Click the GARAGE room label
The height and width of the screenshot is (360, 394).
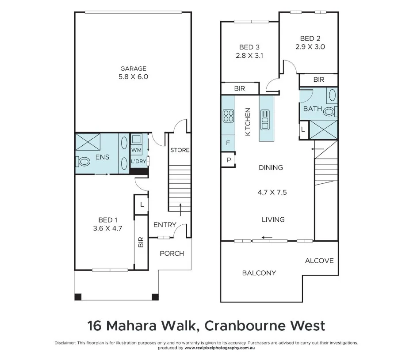pos(133,68)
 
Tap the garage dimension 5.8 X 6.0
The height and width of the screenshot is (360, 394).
pos(133,76)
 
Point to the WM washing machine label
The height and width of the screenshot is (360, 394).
pos(136,150)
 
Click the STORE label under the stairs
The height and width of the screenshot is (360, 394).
pos(180,150)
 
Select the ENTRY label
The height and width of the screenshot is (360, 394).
pos(164,225)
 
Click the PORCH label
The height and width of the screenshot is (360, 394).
pos(172,253)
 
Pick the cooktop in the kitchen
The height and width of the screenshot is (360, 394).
pos(228,116)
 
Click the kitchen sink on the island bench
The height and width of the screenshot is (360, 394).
pos(265,119)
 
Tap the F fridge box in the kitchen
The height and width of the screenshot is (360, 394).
pos(228,143)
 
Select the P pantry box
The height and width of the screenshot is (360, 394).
pos(229,160)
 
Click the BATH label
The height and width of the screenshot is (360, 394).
pos(312,109)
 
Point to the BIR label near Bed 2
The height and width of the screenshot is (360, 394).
pos(318,80)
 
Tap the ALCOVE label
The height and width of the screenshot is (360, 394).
pos(319,261)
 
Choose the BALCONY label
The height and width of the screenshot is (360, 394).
pos(259,273)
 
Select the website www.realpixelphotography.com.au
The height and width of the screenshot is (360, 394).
pos(220,348)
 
